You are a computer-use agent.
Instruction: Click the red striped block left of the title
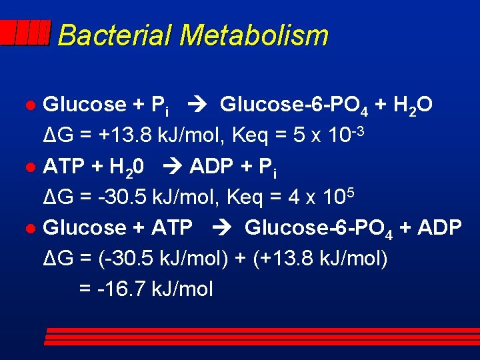(x=25, y=33)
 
